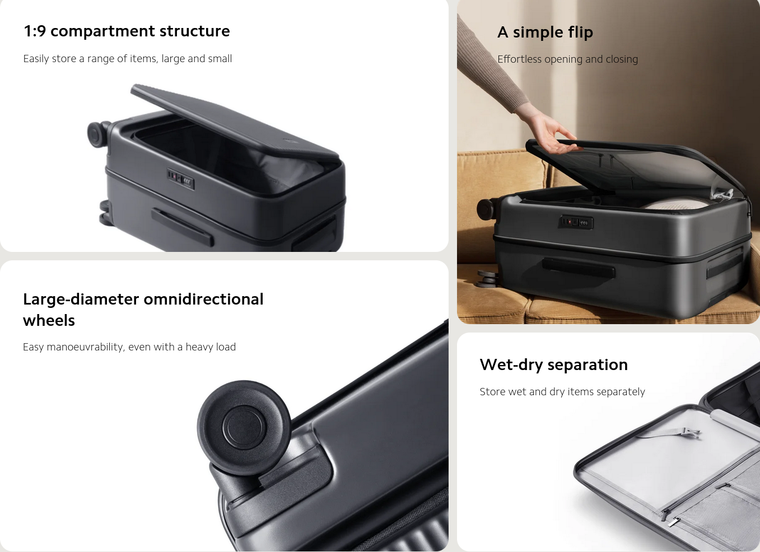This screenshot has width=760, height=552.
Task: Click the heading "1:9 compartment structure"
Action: pyautogui.click(x=127, y=31)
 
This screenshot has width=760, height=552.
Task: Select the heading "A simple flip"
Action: pyautogui.click(x=545, y=32)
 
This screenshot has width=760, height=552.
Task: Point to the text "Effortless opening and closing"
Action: pyautogui.click(x=568, y=59)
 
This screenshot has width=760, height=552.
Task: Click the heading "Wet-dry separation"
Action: pyautogui.click(x=554, y=365)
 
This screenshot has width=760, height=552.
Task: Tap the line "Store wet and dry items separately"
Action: pyautogui.click(x=562, y=392)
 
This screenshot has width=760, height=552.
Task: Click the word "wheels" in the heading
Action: pyautogui.click(x=49, y=320)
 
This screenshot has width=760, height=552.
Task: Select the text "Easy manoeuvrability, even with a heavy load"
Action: pyautogui.click(x=129, y=347)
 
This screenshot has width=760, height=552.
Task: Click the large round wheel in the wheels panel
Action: pyautogui.click(x=244, y=427)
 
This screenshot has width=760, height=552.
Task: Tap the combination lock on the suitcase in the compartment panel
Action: pyautogui.click(x=180, y=179)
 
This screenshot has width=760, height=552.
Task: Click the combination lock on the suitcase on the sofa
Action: pyautogui.click(x=576, y=222)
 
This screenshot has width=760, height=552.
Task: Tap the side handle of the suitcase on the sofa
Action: pyautogui.click(x=579, y=268)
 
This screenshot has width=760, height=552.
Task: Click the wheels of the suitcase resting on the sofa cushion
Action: pyautogui.click(x=487, y=279)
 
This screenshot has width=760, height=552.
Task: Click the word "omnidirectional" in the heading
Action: pyautogui.click(x=203, y=299)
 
